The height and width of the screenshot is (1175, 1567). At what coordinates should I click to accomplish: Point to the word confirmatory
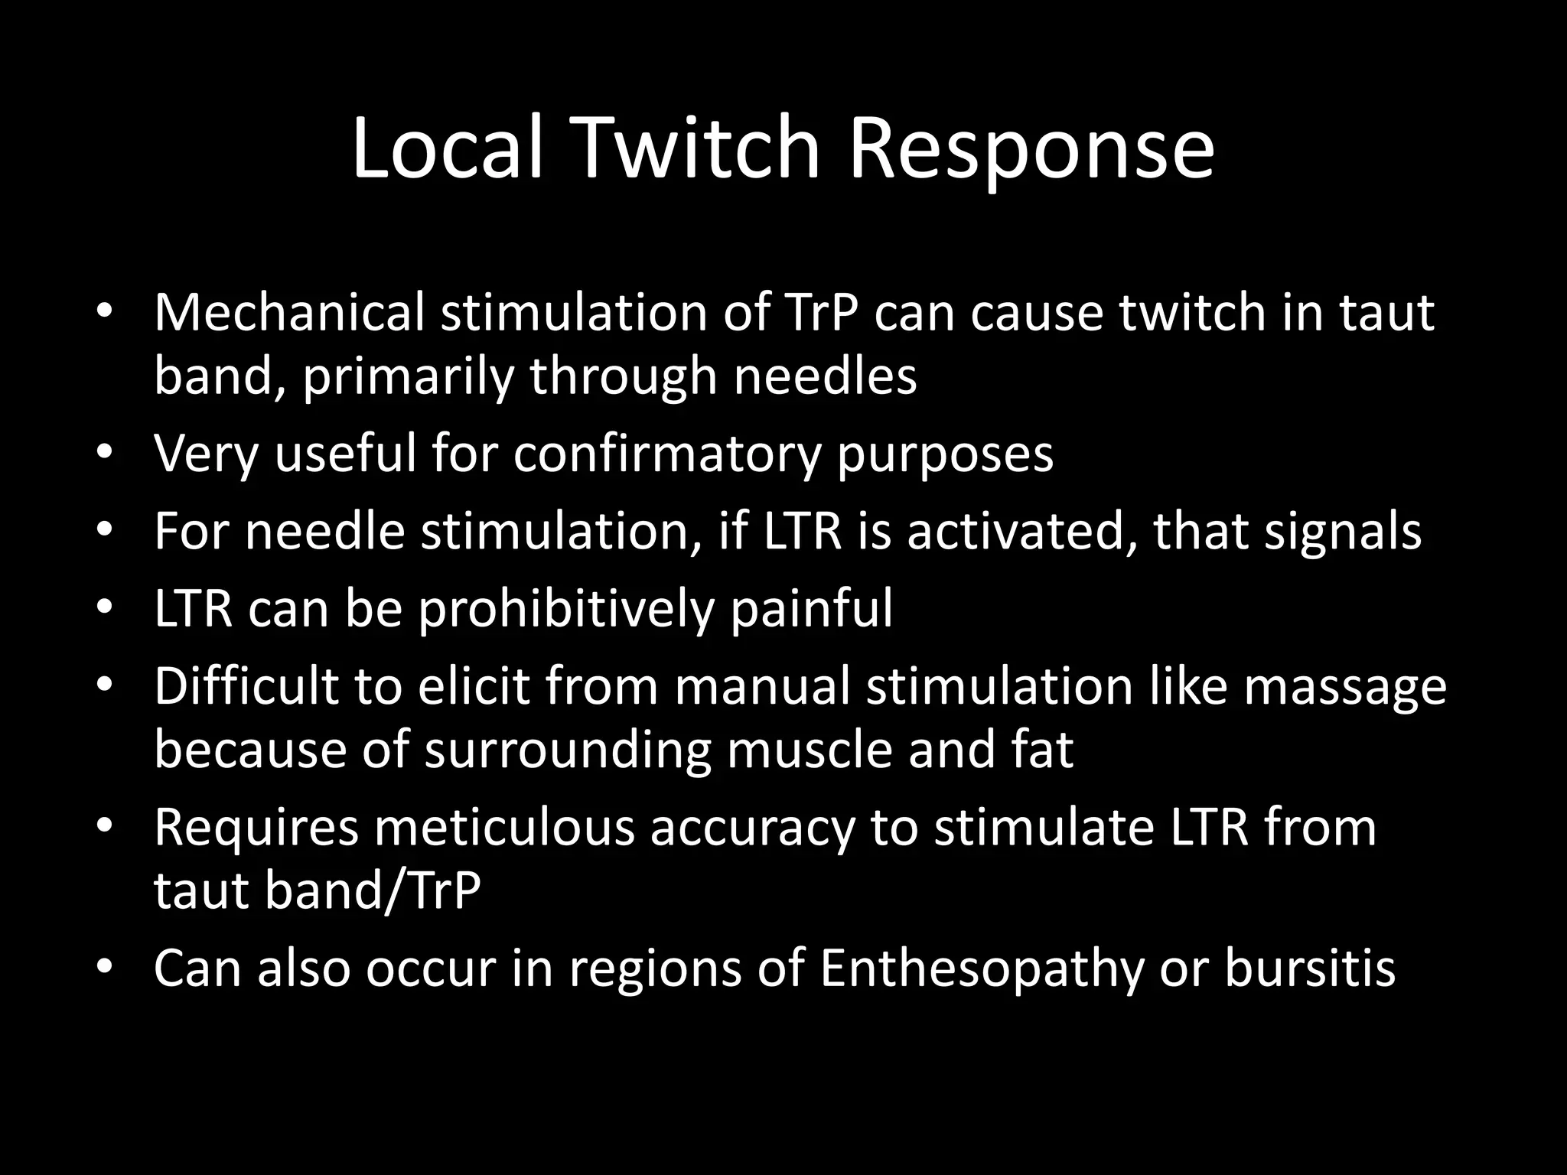(x=667, y=454)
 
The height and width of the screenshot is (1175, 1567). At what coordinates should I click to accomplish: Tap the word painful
(x=811, y=609)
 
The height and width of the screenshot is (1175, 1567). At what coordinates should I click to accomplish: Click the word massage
(x=1344, y=687)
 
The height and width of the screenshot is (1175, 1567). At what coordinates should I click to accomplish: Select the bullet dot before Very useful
(x=105, y=452)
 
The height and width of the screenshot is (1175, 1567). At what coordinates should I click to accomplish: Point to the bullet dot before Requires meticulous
(x=105, y=826)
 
